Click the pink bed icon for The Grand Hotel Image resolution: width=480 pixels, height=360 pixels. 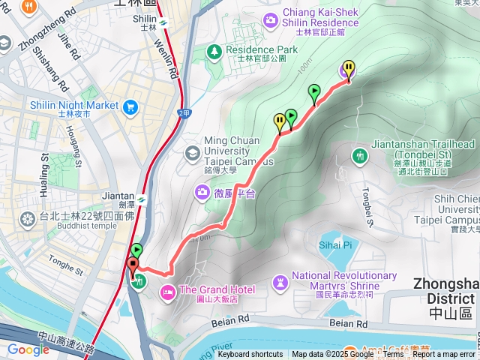168,290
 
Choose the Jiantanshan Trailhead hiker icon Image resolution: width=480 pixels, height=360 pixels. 360,155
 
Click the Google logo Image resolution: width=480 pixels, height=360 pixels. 28,349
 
